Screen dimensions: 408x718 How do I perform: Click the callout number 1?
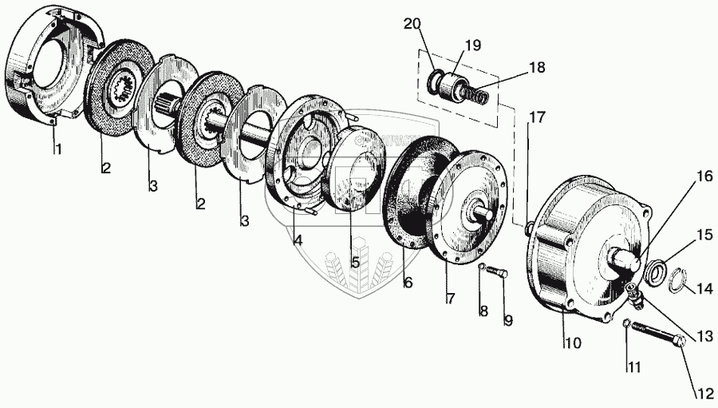[56, 149]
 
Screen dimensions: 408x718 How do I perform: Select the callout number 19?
[472, 46]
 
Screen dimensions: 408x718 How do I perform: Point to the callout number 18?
[536, 69]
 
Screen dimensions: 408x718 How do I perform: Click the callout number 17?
[537, 117]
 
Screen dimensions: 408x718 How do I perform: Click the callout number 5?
[355, 260]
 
